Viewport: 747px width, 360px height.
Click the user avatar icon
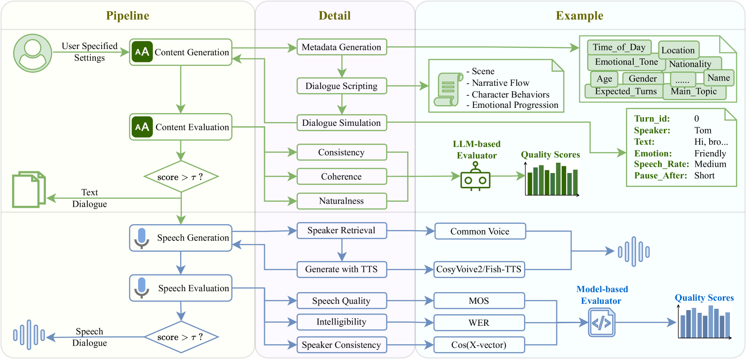point(33,53)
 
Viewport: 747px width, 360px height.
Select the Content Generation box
point(181,52)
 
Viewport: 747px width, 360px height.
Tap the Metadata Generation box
point(342,47)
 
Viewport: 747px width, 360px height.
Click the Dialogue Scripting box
point(342,86)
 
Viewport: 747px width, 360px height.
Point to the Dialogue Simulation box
point(342,123)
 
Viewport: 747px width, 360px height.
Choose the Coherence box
point(342,176)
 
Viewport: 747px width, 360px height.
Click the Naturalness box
point(342,201)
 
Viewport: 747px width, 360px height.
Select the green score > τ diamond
point(181,177)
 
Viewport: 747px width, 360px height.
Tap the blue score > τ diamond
point(181,337)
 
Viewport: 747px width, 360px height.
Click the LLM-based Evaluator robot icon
point(475,176)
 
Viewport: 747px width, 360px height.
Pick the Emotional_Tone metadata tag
point(626,62)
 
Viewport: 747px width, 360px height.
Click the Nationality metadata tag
point(690,64)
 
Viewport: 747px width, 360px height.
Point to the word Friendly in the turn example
point(710,153)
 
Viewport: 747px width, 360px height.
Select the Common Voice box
point(480,231)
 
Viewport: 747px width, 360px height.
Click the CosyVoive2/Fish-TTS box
point(479,269)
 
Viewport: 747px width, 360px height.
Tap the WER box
point(479,323)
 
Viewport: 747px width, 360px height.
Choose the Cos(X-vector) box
point(479,345)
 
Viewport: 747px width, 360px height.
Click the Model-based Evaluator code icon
point(602,323)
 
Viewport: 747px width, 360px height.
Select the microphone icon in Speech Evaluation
point(142,288)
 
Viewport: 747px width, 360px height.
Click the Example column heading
point(580,16)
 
